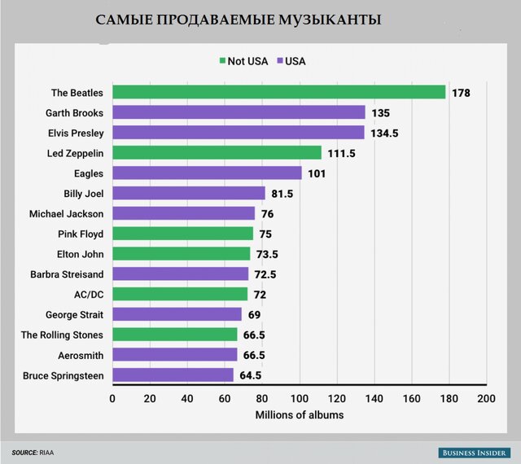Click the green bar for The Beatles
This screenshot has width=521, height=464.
pos(278,92)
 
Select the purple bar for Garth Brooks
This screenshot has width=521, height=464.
pos(239,112)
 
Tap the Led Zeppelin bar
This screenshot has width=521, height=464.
pos(217,152)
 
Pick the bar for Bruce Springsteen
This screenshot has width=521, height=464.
pos(173,375)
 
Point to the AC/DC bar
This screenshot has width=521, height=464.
pos(180,294)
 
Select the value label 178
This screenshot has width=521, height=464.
pos(461,92)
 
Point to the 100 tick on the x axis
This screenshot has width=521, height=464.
pos(300,399)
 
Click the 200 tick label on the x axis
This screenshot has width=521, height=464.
pos(487,399)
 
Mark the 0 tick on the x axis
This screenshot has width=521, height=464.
pos(112,399)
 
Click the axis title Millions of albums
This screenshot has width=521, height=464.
pos(299,415)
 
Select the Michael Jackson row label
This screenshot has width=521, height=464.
pos(66,213)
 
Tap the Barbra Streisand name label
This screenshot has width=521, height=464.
pos(67,274)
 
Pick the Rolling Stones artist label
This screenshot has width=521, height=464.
pos(61,335)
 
